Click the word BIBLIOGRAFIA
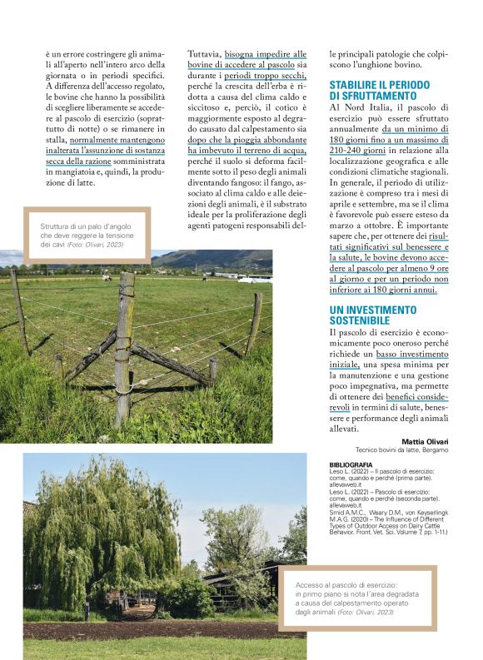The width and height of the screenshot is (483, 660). pyautogui.click(x=351, y=464)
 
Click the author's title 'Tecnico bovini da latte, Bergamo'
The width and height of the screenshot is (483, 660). pyautogui.click(x=401, y=449)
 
